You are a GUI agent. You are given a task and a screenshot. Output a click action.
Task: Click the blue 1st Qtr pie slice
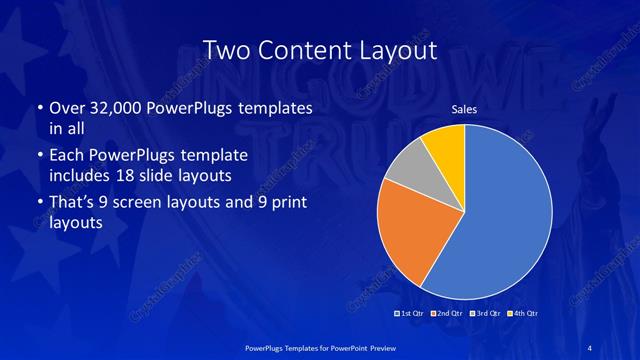point(510,220)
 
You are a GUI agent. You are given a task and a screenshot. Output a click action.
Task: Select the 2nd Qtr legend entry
point(448,314)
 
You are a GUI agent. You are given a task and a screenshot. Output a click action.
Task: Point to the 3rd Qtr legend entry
point(485,314)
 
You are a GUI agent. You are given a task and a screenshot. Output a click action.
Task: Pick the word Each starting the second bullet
point(67,156)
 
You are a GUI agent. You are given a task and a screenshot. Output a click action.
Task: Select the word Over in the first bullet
point(68,108)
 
